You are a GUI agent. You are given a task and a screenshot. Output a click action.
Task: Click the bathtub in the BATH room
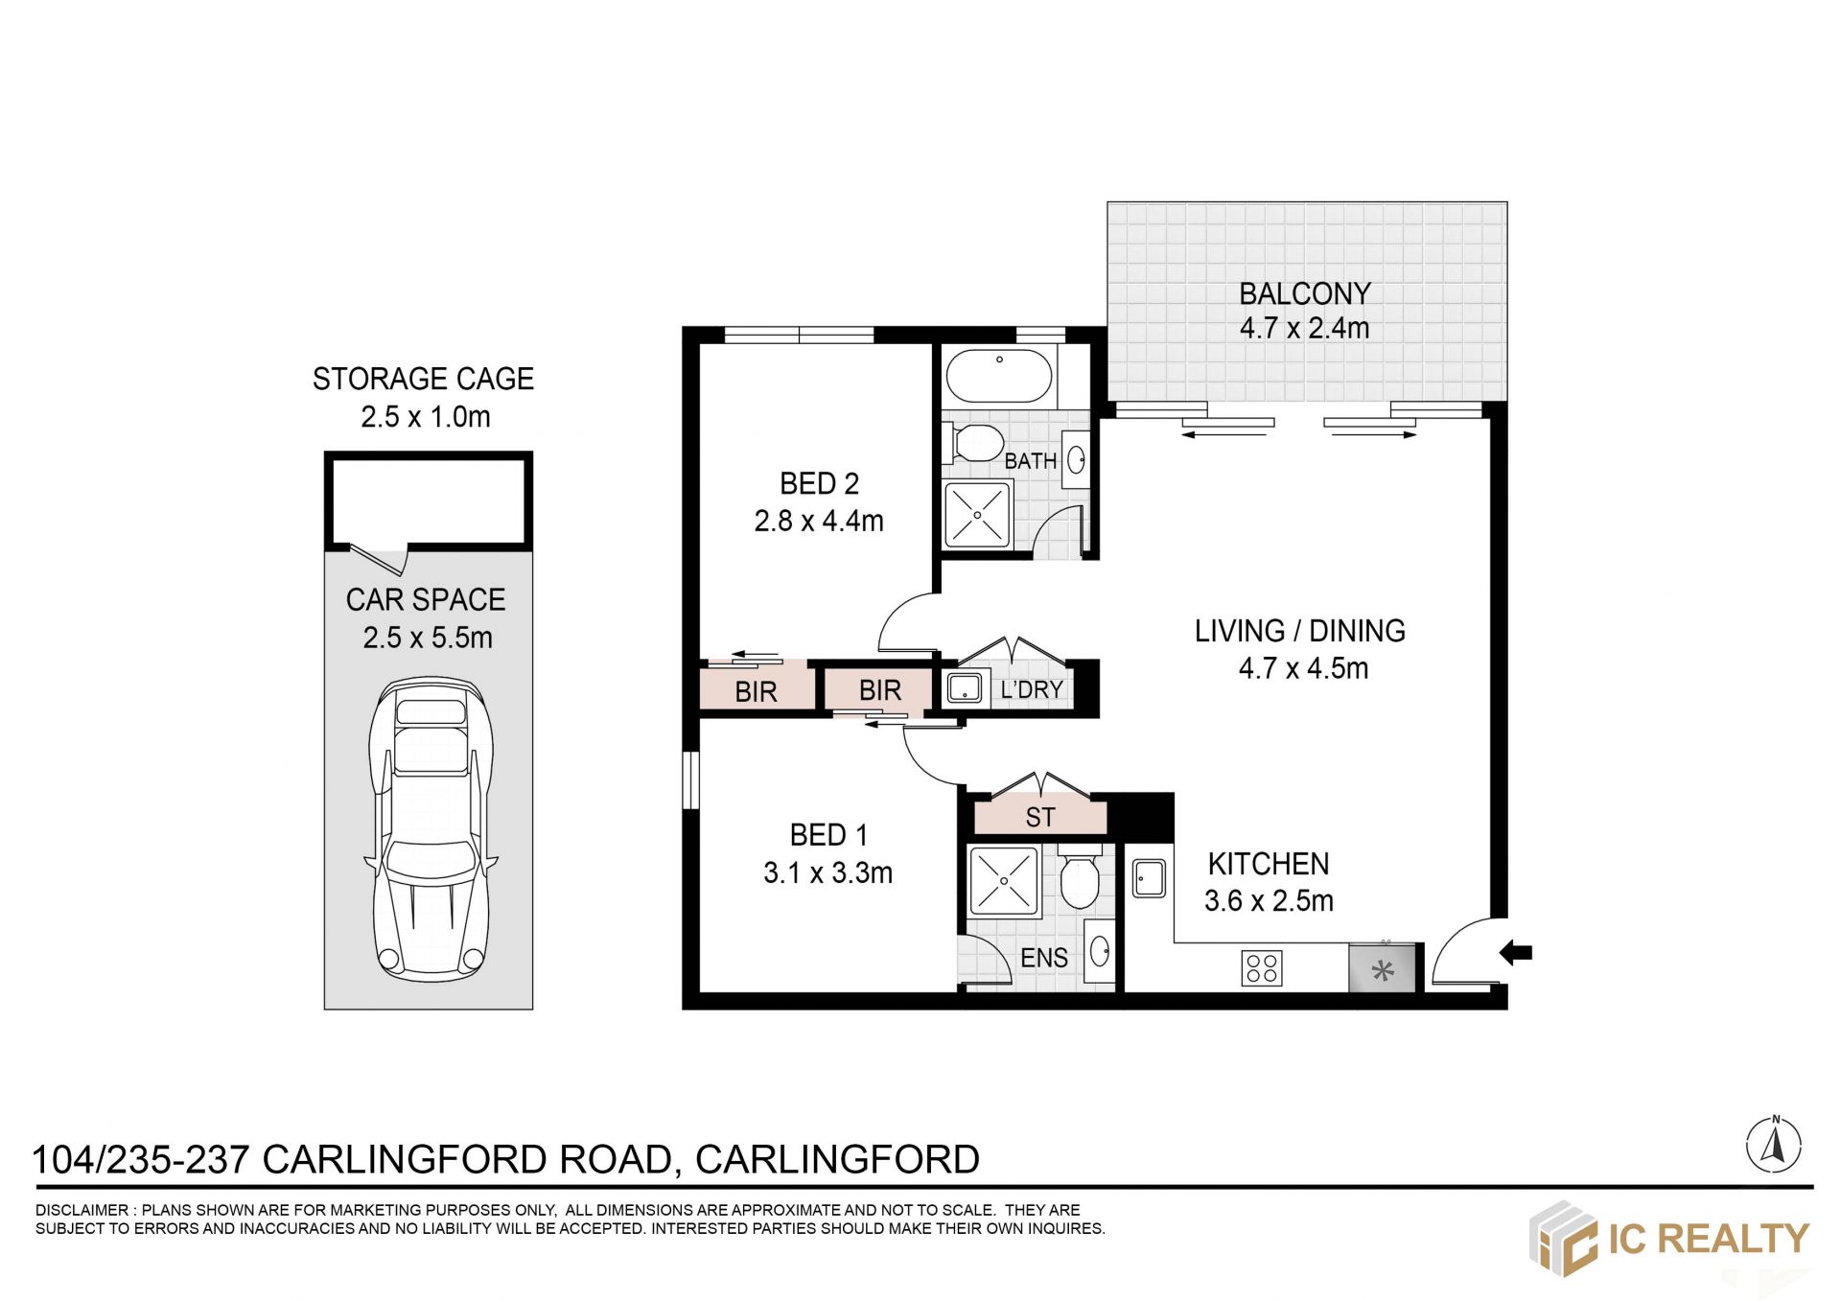click(x=999, y=375)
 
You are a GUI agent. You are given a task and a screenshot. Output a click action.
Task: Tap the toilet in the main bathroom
click(x=972, y=443)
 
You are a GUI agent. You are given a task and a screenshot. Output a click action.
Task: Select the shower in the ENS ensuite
click(x=1004, y=880)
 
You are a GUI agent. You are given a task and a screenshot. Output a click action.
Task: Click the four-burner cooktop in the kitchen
click(x=1261, y=968)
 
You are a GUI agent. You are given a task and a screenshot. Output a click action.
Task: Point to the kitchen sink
click(x=1149, y=877)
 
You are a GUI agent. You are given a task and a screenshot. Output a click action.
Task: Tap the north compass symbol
click(x=1774, y=1144)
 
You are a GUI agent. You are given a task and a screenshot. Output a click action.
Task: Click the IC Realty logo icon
click(x=1563, y=1239)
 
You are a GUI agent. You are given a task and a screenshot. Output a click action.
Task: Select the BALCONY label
click(x=1305, y=293)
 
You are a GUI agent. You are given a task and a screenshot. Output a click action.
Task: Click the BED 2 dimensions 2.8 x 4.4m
click(x=819, y=521)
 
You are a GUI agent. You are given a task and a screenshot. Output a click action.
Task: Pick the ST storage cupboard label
click(x=1040, y=817)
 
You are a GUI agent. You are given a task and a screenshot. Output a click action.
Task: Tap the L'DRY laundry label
click(x=1032, y=689)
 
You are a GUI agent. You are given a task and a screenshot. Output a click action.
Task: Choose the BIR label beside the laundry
click(x=880, y=690)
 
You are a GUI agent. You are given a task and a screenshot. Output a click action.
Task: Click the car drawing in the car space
click(x=431, y=829)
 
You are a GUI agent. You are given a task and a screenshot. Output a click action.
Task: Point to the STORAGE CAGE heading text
click(x=423, y=379)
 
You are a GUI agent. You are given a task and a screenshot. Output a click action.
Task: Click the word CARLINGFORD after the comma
click(x=837, y=1159)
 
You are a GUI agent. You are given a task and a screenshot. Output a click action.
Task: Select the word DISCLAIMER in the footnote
click(x=82, y=1210)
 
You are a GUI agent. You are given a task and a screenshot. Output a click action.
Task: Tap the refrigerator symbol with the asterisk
click(x=1383, y=968)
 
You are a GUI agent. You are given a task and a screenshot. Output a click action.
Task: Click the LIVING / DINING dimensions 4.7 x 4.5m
click(x=1303, y=668)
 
